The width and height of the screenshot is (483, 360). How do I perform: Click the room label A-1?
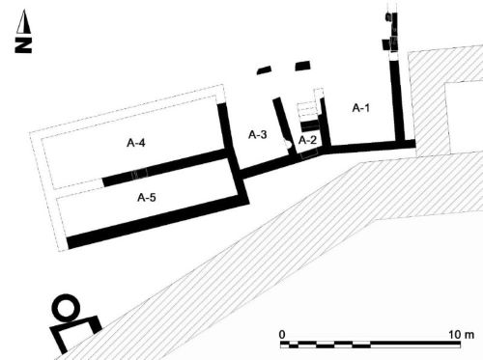pyautogui.click(x=361, y=108)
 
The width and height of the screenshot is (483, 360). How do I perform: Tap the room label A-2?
pyautogui.click(x=307, y=140)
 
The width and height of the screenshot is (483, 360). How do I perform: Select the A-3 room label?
pyautogui.click(x=258, y=134)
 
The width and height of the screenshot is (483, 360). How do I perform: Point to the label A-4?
pyautogui.click(x=136, y=143)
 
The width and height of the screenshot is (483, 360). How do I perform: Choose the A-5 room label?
pyautogui.click(x=147, y=197)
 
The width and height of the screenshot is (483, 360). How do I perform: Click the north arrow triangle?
pyautogui.click(x=23, y=21)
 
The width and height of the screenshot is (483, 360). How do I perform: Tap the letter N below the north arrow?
pyautogui.click(x=23, y=45)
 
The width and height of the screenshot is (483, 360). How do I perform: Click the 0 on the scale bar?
pyautogui.click(x=282, y=335)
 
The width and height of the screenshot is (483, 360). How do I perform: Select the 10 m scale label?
pyautogui.click(x=461, y=335)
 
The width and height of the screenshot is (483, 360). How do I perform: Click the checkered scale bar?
pyautogui.click(x=370, y=345)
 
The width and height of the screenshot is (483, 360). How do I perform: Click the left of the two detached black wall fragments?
pyautogui.click(x=264, y=70)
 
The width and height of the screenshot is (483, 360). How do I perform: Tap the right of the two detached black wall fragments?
pyautogui.click(x=303, y=66)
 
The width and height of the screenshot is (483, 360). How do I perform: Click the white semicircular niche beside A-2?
pyautogui.click(x=287, y=144)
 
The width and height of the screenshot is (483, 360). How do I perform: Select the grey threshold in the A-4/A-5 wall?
pyautogui.click(x=139, y=174)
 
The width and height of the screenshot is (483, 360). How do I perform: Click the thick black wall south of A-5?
pyautogui.click(x=157, y=222)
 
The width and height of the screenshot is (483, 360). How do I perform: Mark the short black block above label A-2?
pyautogui.click(x=309, y=125)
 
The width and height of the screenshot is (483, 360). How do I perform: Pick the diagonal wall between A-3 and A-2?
pyautogui.click(x=285, y=127)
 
